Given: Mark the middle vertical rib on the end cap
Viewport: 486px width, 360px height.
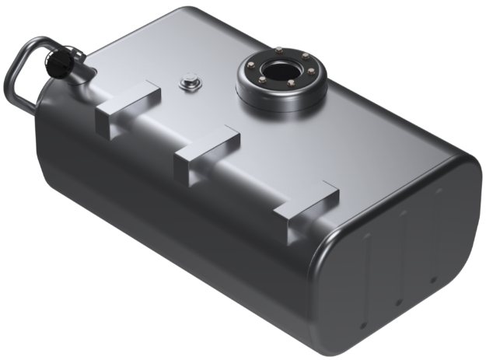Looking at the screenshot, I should [402, 257].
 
